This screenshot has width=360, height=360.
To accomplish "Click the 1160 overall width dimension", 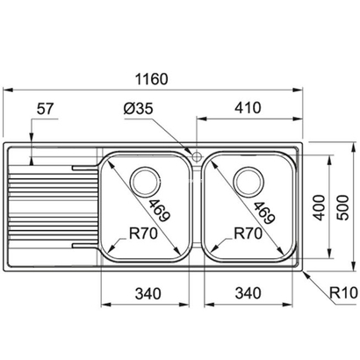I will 155,78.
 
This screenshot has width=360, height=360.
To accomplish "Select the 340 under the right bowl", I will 248,292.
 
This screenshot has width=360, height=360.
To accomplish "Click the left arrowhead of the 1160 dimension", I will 8,90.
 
